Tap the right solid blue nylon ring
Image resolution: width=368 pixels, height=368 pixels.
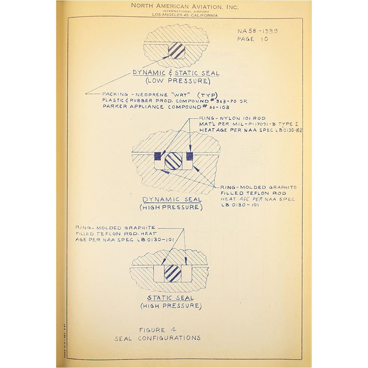click(x=190, y=156)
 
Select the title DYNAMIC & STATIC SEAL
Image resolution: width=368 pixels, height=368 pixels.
click(x=176, y=73)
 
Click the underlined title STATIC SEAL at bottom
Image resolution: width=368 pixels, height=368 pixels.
click(x=170, y=298)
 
